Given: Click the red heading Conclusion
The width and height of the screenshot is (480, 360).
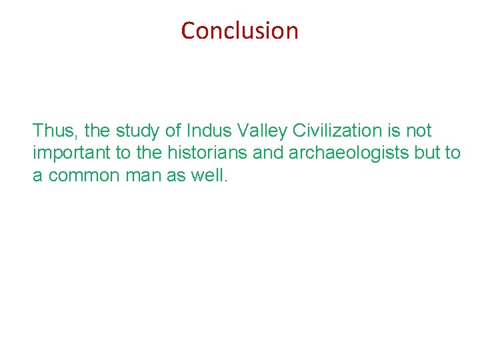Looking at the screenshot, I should pos(239,31).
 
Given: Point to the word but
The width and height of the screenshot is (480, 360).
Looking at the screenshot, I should pos(429,153).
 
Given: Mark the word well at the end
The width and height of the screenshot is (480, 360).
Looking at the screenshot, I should pos(211,175).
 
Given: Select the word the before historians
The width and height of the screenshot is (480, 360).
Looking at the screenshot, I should pos(149,153).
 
